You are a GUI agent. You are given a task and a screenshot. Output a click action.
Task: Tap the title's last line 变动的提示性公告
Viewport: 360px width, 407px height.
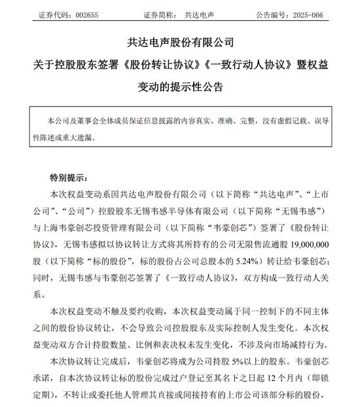(x=179, y=86)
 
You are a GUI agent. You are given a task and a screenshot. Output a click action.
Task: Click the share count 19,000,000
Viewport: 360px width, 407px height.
(x=312, y=241)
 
